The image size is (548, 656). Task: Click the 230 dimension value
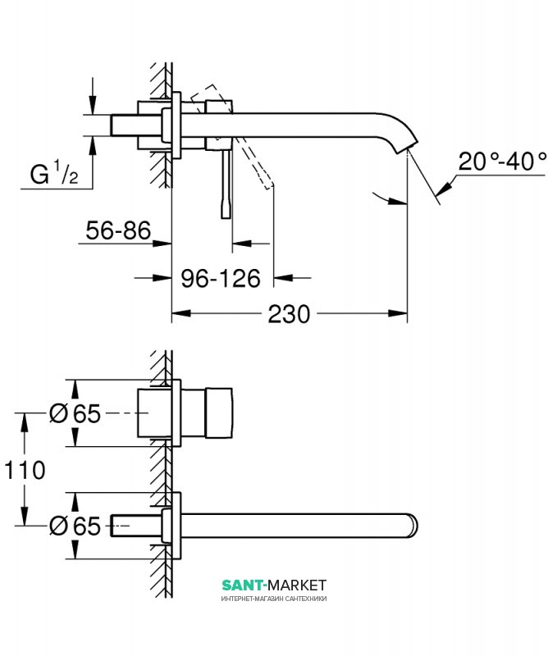click(291, 314)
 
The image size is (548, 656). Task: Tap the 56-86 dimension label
click(118, 232)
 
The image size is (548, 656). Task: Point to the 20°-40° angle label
click(502, 161)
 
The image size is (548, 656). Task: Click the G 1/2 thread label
click(54, 174)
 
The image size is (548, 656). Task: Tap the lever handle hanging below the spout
click(225, 184)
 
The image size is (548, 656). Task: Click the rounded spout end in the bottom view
click(410, 525)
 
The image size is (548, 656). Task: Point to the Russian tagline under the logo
click(274, 599)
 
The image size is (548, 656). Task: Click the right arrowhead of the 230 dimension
click(401, 314)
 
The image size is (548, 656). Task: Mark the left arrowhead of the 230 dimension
click(178, 314)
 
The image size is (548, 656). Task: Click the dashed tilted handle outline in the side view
click(246, 139)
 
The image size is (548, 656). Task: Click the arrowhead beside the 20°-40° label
click(443, 188)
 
